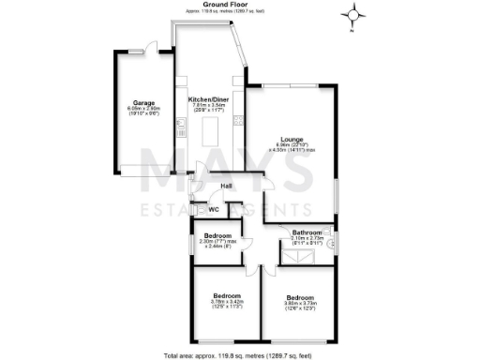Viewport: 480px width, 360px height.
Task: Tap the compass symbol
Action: click(354, 14)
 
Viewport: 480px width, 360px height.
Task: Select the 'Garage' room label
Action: click(143, 102)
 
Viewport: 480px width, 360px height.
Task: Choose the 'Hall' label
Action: click(226, 186)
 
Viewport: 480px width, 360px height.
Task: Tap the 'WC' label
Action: click(214, 209)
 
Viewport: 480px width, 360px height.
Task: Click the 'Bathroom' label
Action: click(307, 232)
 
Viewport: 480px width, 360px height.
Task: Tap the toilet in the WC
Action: click(196, 209)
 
